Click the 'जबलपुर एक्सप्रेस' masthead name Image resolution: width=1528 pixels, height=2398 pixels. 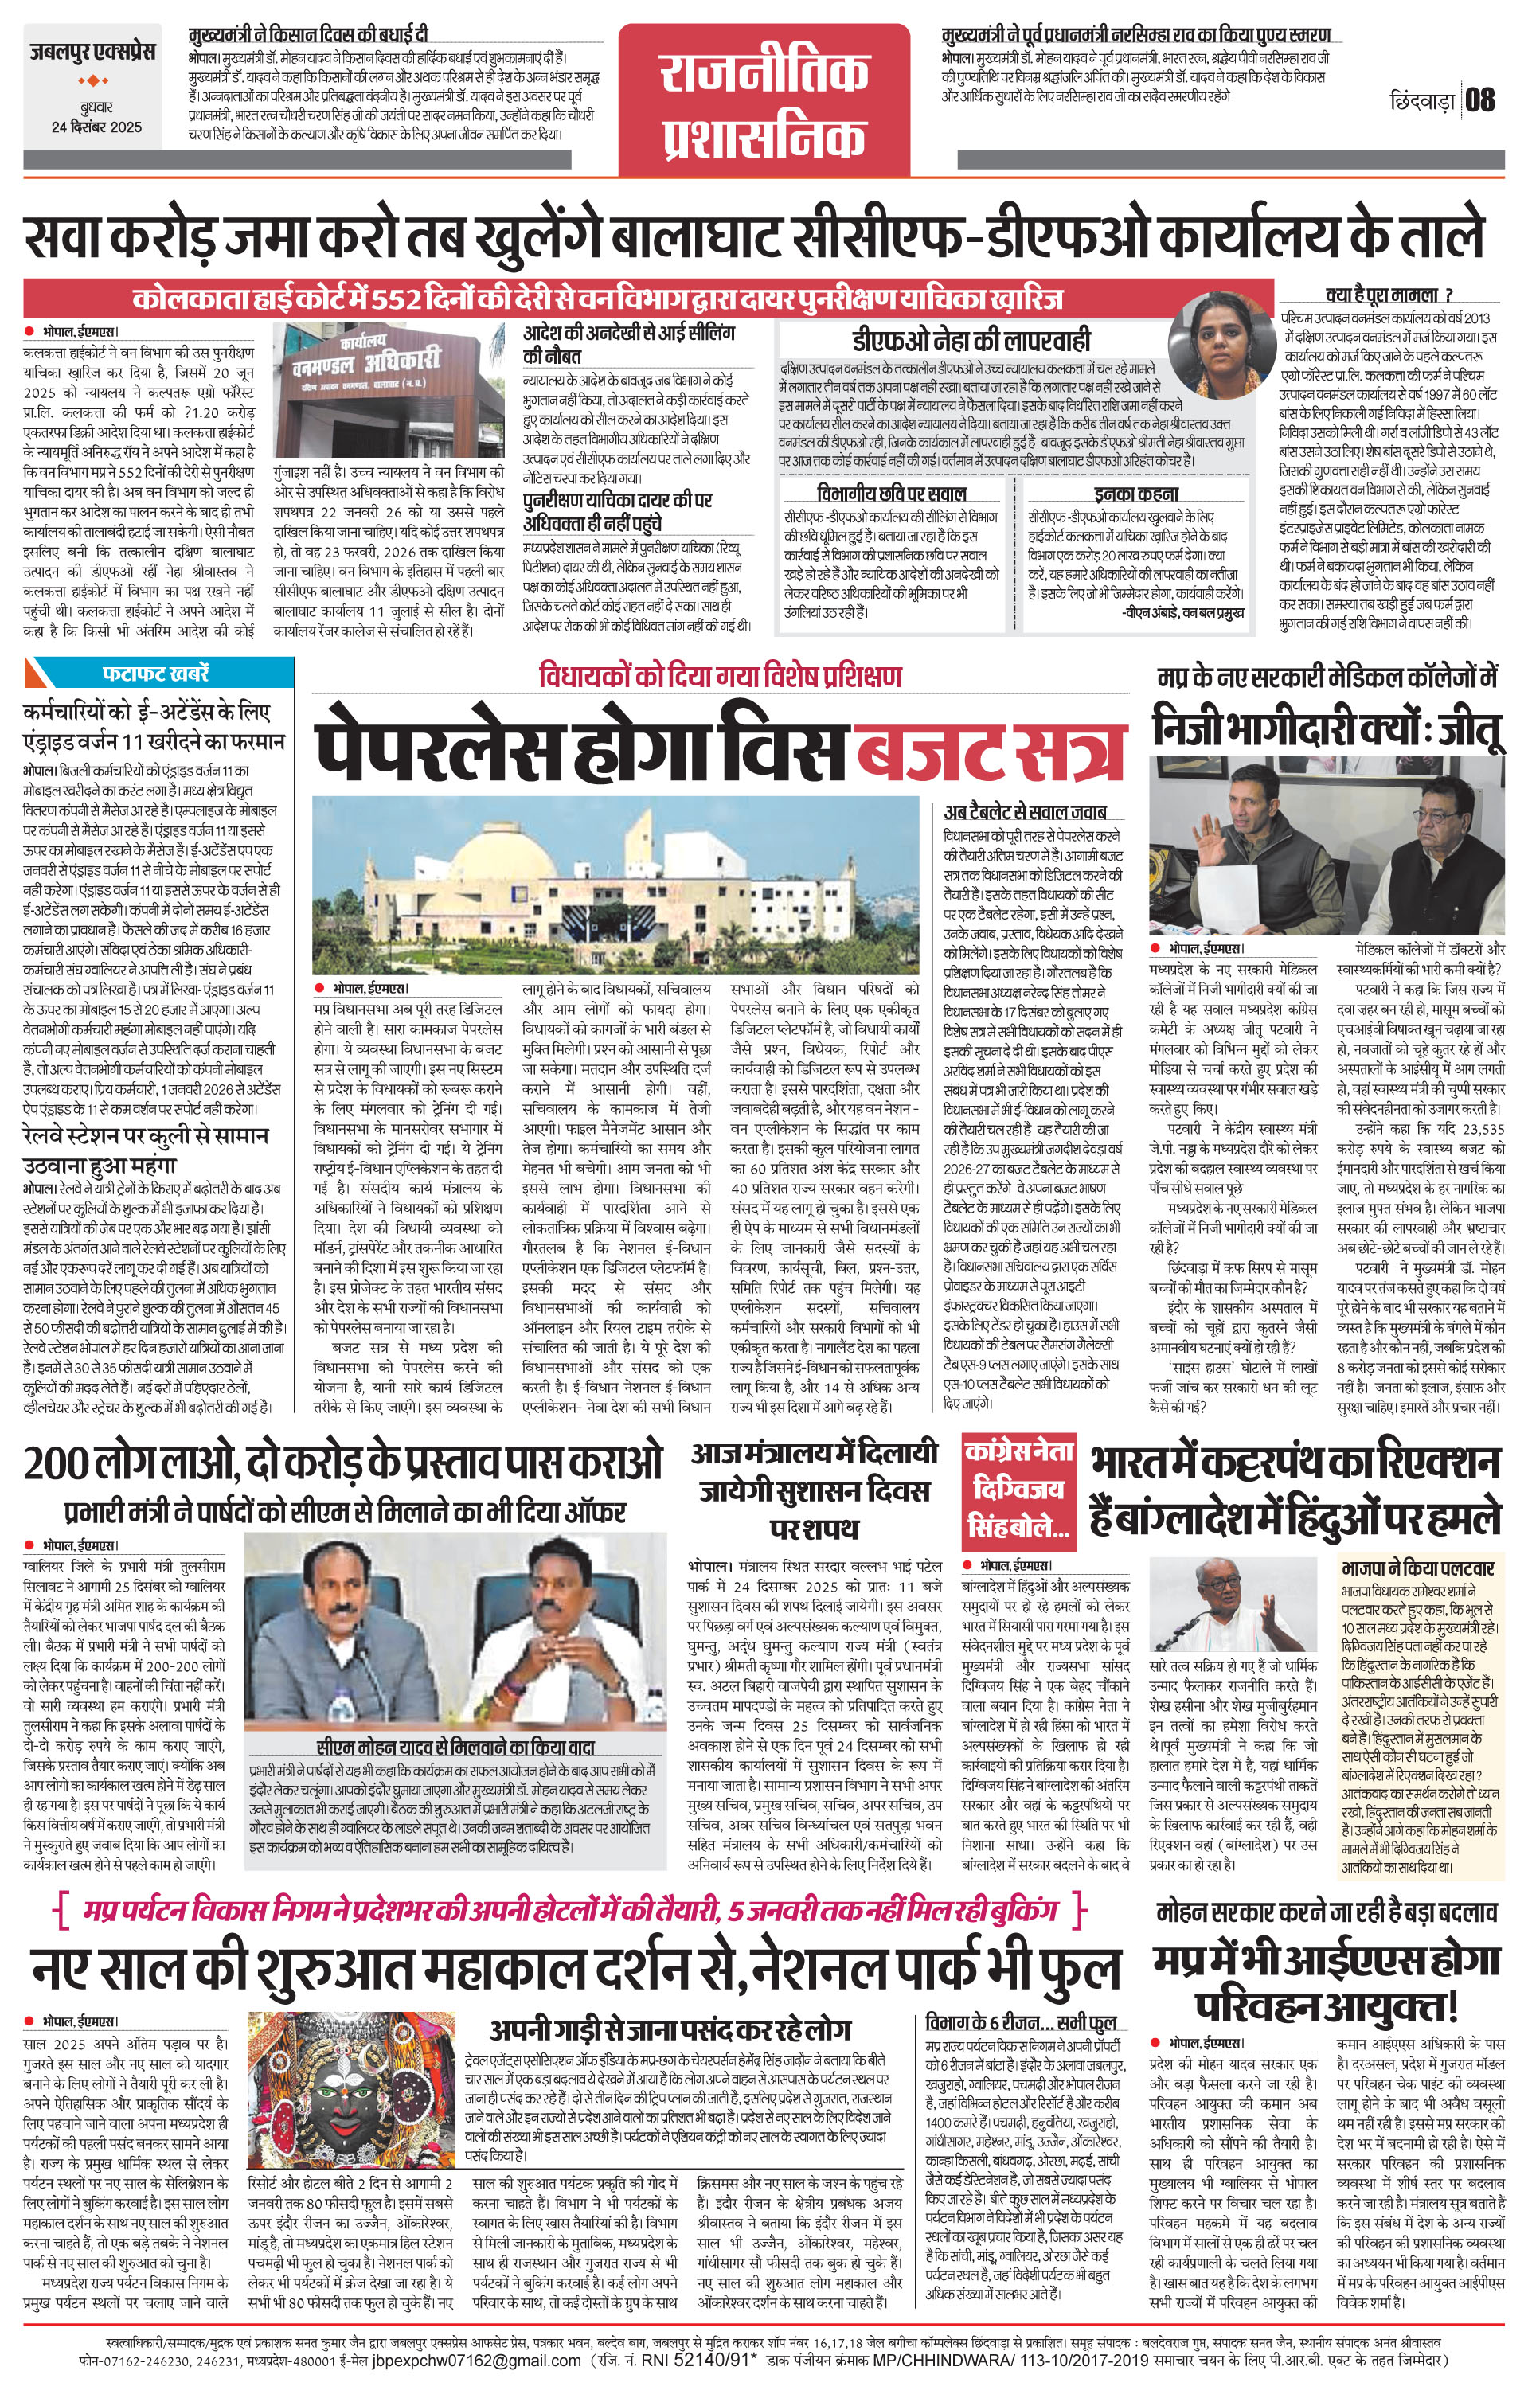92,54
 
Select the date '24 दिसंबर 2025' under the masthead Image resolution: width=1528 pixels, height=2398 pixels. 96,127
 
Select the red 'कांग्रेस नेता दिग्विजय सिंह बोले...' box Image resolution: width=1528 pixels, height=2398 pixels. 1018,1490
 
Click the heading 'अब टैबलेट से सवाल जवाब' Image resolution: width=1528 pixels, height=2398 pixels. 1025,811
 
